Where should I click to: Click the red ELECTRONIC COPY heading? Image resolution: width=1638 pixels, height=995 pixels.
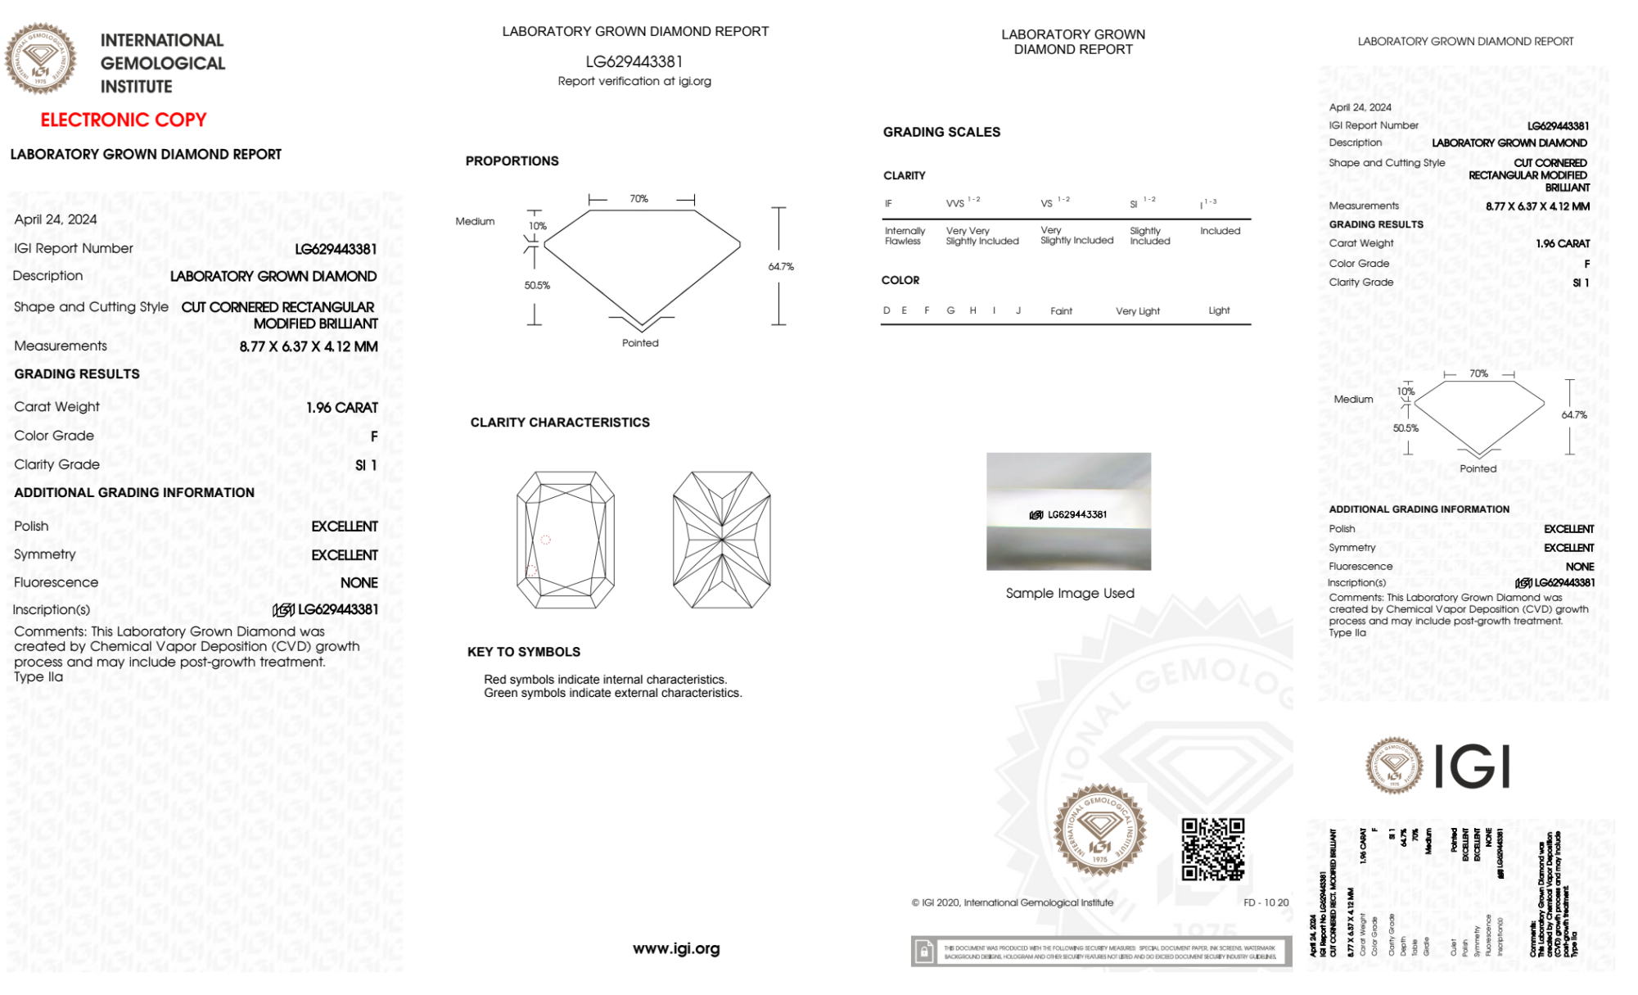124,120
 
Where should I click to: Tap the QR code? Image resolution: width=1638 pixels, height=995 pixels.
1212,849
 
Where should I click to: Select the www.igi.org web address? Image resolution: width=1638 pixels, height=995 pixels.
676,948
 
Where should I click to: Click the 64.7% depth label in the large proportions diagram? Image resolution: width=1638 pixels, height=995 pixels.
781,267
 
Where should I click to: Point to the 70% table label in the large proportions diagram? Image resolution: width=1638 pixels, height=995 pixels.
639,199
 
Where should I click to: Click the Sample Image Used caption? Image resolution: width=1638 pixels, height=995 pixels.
1070,593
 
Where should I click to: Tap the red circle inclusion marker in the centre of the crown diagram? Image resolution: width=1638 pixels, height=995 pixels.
546,540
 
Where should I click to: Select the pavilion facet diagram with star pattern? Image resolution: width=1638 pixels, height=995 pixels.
721,540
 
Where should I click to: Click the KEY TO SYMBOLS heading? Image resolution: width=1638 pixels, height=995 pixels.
524,652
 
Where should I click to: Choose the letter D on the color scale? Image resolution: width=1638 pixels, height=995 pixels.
887,310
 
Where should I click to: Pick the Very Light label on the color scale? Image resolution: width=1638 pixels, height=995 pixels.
1137,311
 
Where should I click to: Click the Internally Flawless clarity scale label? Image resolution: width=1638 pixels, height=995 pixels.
905,236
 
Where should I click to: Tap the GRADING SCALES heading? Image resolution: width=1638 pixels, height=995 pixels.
941,132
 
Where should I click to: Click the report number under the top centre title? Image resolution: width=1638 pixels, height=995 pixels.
634,61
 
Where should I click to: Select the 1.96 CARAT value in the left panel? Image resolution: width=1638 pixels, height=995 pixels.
342,408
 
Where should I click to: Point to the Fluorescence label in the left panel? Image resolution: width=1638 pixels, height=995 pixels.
56,582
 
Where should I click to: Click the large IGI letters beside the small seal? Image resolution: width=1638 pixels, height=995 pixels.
1473,767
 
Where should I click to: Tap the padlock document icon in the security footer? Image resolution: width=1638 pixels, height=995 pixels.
924,952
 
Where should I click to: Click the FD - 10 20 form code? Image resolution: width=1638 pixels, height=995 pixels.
1266,902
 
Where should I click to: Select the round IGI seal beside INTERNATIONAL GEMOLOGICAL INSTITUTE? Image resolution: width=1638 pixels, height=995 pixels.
40,59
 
